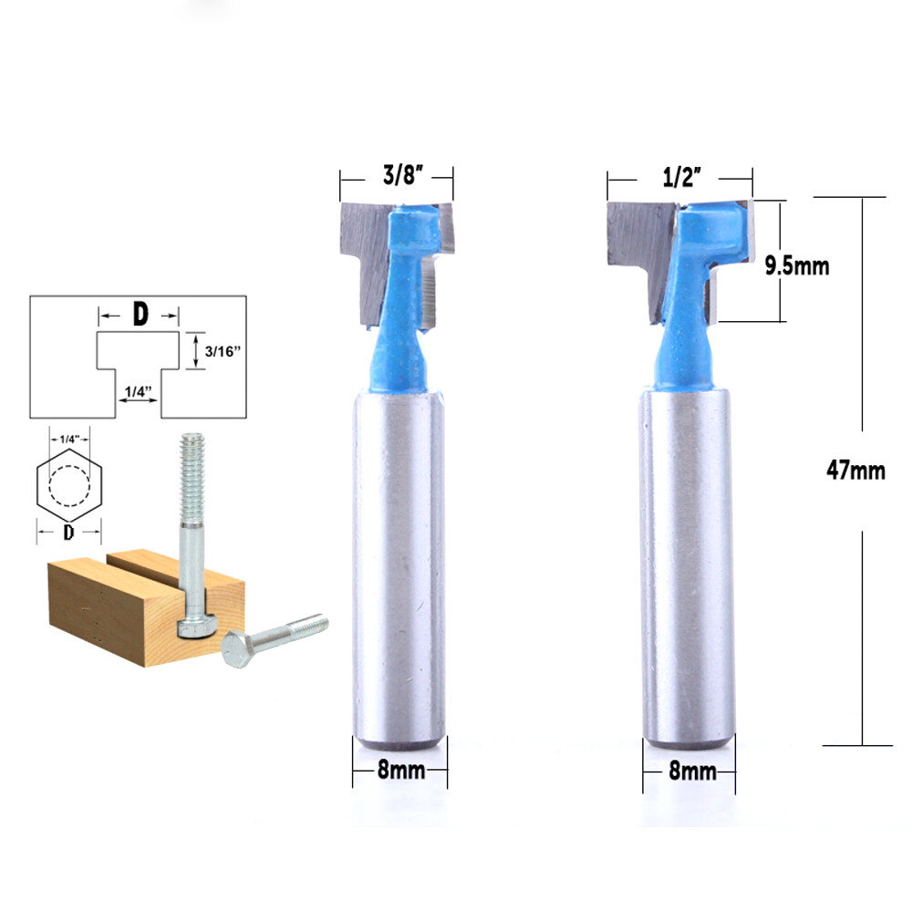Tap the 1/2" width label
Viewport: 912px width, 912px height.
click(679, 178)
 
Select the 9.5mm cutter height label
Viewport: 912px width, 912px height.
click(796, 265)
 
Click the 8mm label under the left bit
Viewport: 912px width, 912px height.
click(401, 771)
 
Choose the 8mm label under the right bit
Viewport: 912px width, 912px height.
click(692, 771)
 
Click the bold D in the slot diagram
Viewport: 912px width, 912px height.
click(140, 315)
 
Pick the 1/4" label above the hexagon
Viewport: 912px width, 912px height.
click(68, 440)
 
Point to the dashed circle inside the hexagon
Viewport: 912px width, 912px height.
click(68, 484)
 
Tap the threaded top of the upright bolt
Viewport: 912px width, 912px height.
click(191, 474)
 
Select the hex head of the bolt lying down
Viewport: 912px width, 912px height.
click(236, 649)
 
